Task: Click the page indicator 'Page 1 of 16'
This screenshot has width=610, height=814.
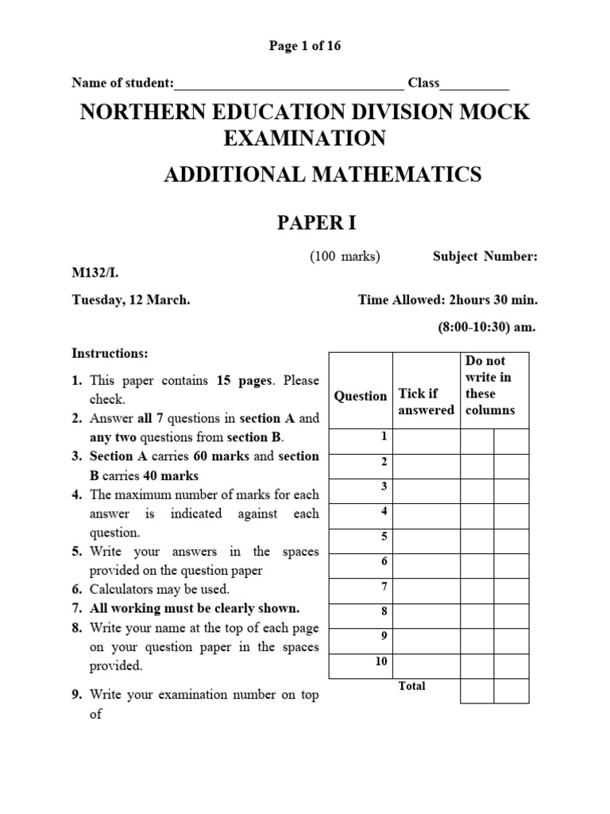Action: [305, 46]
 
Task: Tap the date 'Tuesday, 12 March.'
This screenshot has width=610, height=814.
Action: [131, 300]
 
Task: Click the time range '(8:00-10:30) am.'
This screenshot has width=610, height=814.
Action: [488, 327]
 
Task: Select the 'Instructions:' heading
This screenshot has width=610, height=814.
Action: [110, 353]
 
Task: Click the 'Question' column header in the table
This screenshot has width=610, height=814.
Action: [361, 396]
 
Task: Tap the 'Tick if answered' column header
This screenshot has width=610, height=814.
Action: [426, 401]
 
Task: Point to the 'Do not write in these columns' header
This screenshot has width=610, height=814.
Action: [489, 386]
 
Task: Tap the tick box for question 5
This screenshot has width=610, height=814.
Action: [426, 541]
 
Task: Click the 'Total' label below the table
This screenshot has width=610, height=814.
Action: [411, 686]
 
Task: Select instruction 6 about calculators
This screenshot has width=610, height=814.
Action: [159, 589]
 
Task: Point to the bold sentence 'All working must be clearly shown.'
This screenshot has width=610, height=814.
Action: [195, 608]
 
